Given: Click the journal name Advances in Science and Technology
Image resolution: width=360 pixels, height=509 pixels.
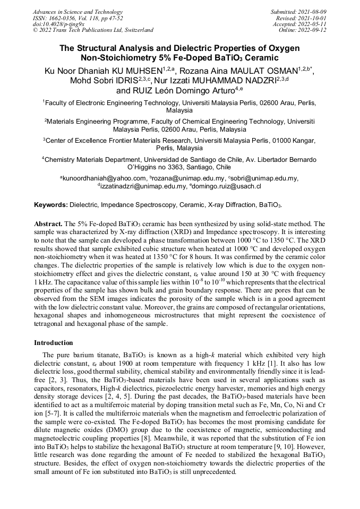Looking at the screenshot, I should click(x=78, y=12).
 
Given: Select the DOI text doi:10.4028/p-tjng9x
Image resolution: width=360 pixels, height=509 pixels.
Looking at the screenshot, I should click(x=58, y=24).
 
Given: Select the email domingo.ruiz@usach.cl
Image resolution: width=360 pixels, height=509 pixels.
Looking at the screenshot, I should click(x=229, y=186).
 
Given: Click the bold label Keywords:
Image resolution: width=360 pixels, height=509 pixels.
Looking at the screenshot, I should click(x=51, y=205).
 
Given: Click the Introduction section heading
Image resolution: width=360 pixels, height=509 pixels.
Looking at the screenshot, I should click(x=54, y=343).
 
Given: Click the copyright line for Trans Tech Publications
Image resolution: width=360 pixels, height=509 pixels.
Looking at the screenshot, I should click(x=93, y=30).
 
